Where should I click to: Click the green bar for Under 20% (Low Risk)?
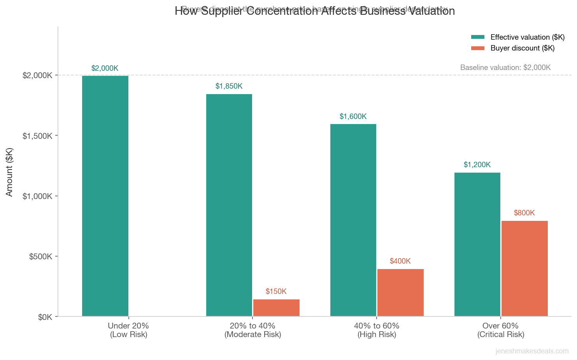(x=105, y=196)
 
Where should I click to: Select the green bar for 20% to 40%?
(x=229, y=205)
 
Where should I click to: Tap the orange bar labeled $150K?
(x=276, y=308)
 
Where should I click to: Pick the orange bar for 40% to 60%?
(x=400, y=292)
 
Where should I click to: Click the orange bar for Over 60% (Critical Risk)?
(x=524, y=268)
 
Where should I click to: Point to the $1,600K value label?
(x=353, y=117)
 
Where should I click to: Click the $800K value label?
(x=524, y=213)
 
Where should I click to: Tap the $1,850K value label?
(x=229, y=86)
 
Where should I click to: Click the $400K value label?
(x=400, y=261)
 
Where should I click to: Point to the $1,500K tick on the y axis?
(x=37, y=136)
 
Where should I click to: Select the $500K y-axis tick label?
(x=40, y=257)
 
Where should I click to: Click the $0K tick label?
(x=45, y=317)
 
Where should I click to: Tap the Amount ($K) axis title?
(x=10, y=172)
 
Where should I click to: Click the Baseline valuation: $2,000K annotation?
(x=505, y=68)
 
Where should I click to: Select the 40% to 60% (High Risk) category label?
(x=377, y=330)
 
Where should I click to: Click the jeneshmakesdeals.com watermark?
(x=532, y=351)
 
